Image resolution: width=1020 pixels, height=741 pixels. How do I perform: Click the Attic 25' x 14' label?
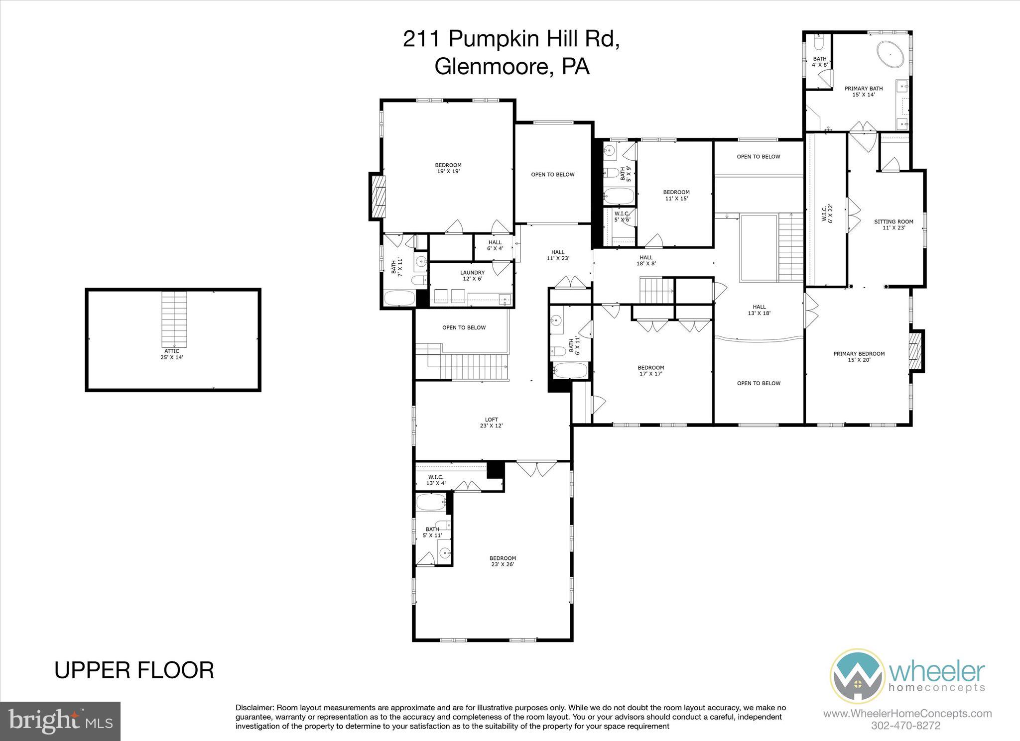tap(171, 354)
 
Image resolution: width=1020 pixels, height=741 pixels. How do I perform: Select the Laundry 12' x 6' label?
tap(472, 275)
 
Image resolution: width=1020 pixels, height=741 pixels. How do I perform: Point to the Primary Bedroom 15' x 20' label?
tap(859, 356)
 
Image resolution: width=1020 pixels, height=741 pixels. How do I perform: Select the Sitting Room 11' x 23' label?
tap(893, 224)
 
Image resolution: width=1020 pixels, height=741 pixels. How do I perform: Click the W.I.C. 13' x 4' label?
tap(435, 480)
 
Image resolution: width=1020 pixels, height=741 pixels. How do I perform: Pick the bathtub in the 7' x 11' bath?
tap(399, 299)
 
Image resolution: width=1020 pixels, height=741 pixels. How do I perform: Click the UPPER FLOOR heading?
tap(134, 670)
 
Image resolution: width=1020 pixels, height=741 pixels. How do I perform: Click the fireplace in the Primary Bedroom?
tap(916, 351)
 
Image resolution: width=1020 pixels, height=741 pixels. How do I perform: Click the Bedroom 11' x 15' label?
tap(676, 195)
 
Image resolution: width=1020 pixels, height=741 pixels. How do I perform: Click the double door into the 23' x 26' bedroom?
tap(537, 468)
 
